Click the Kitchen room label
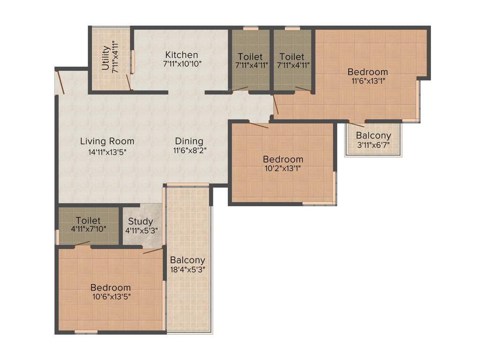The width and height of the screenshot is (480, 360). point(181,55)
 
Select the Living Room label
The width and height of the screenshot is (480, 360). point(107,141)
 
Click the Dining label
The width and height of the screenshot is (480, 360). point(189,141)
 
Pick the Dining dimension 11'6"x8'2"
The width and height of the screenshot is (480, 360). point(190,151)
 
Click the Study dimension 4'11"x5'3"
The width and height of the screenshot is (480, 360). point(142,230)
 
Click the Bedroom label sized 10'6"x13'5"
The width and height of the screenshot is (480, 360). point(111,287)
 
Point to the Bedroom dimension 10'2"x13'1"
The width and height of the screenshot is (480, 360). point(283,168)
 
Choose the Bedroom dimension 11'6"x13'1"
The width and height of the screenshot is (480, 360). point(367,81)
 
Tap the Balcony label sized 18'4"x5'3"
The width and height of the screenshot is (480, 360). point(187,260)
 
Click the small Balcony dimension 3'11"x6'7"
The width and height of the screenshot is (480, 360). point(373,145)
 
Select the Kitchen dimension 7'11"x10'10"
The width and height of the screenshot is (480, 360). point(181,65)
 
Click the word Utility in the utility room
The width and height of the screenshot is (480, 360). point(105,58)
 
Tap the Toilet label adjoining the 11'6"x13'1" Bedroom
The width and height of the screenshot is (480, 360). point(293,57)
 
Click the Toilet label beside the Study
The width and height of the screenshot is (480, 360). point(88,220)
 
